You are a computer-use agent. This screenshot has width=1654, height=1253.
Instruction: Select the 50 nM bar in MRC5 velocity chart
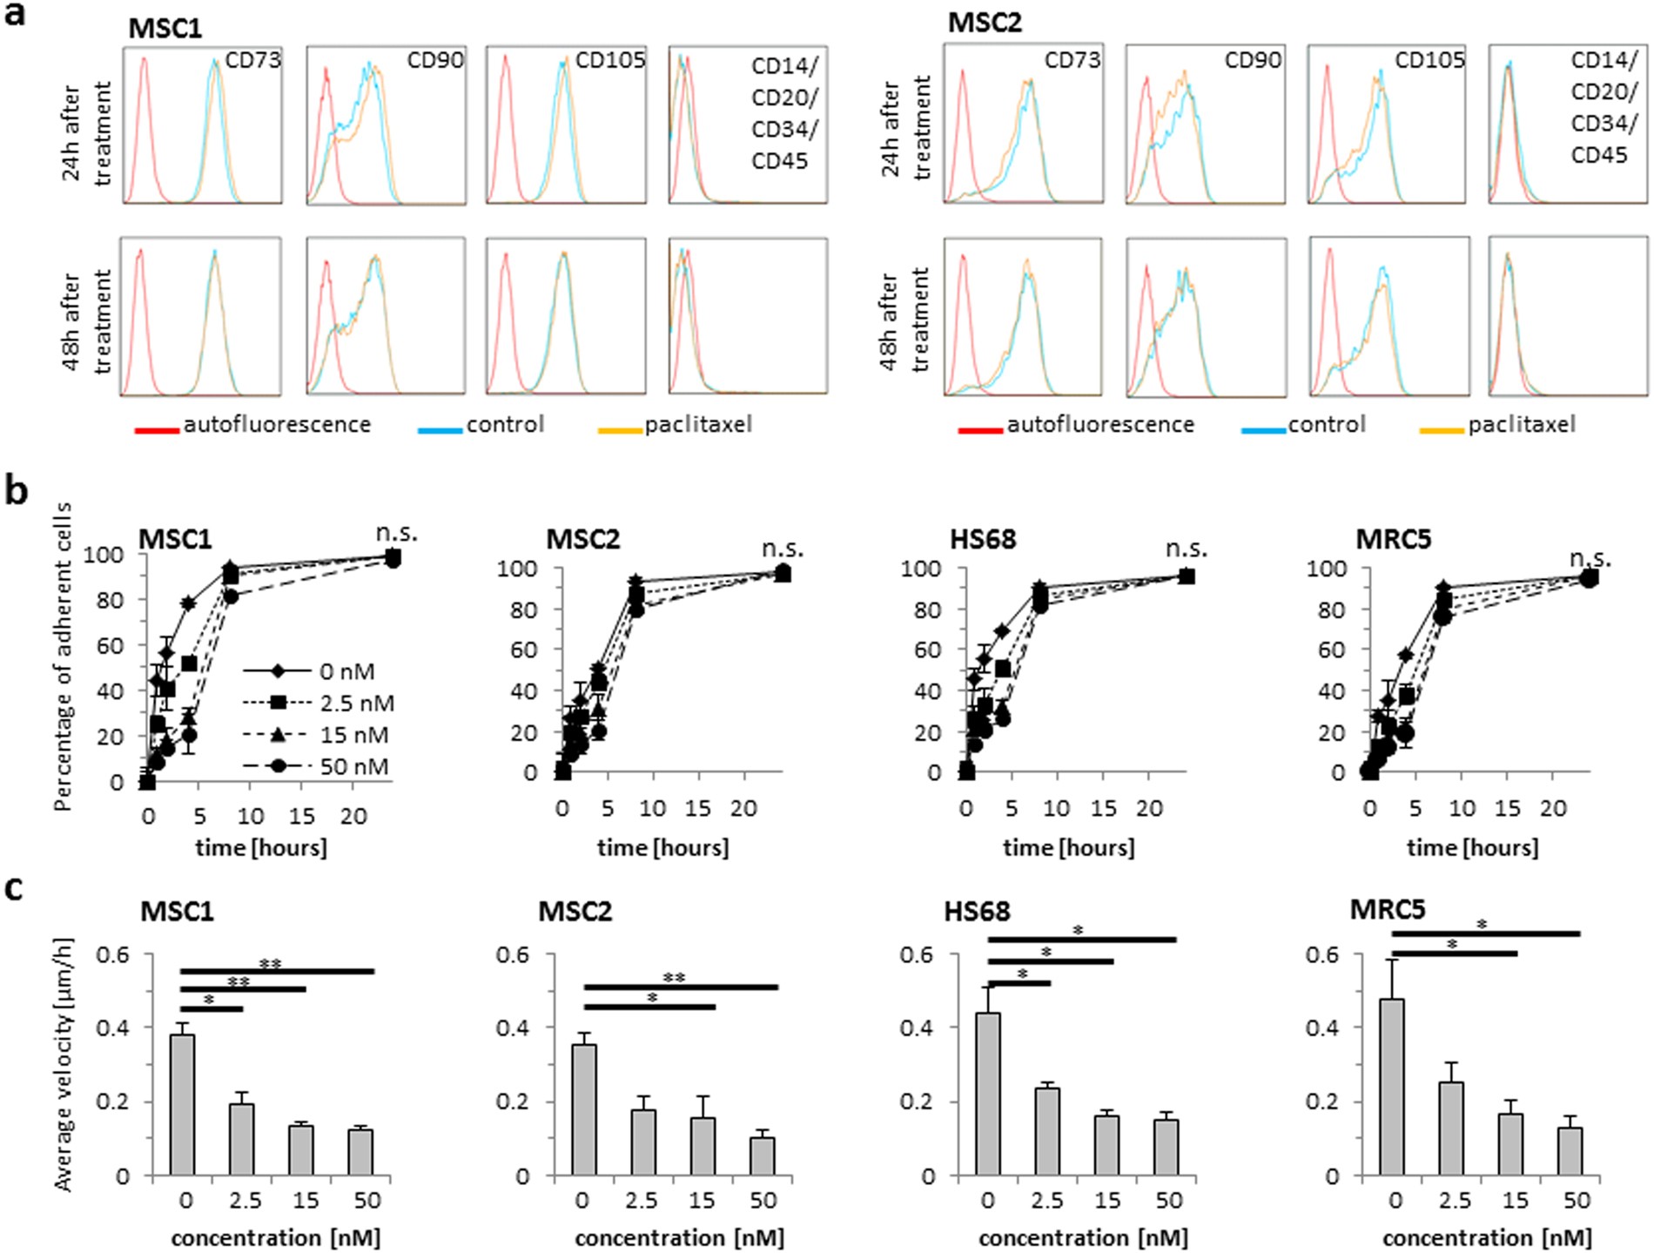pyautogui.click(x=1570, y=1151)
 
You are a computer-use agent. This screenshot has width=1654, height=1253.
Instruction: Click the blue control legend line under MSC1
pyautogui.click(x=440, y=430)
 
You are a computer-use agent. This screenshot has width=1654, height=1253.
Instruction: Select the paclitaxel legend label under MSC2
pyautogui.click(x=1521, y=424)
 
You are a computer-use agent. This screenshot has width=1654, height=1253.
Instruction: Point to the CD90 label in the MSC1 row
pyautogui.click(x=434, y=60)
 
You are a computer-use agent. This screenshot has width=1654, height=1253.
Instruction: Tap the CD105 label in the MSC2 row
pyautogui.click(x=1429, y=59)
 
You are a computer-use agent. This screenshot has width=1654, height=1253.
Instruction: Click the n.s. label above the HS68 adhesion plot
pyautogui.click(x=1187, y=549)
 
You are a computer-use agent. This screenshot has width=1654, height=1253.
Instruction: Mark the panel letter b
pyautogui.click(x=16, y=492)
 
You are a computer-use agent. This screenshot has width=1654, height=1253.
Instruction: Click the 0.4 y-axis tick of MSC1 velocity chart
pyautogui.click(x=111, y=1027)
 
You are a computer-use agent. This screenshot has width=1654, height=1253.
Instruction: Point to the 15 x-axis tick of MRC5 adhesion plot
pyautogui.click(x=1507, y=809)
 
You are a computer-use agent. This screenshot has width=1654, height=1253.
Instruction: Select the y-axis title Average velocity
pyautogui.click(x=63, y=1064)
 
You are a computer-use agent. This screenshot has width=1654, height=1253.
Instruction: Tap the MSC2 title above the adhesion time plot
pyautogui.click(x=582, y=539)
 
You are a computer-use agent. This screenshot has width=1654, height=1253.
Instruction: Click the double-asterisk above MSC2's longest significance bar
pyautogui.click(x=674, y=978)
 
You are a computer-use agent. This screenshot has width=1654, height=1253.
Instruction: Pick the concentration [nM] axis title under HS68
pyautogui.click(x=1083, y=1237)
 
